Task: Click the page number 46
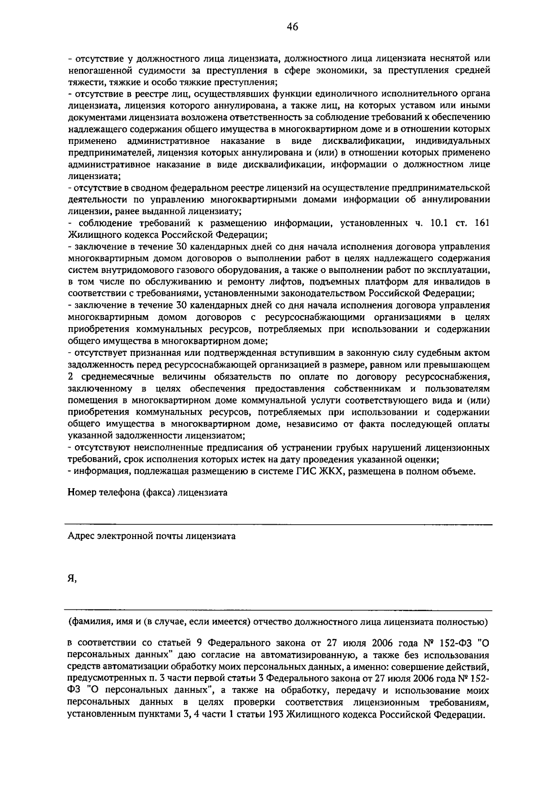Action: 292,27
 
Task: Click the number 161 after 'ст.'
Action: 481,223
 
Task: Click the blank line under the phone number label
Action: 277,525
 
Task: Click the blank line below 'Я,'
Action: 277,610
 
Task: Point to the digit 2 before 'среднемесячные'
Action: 71,377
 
